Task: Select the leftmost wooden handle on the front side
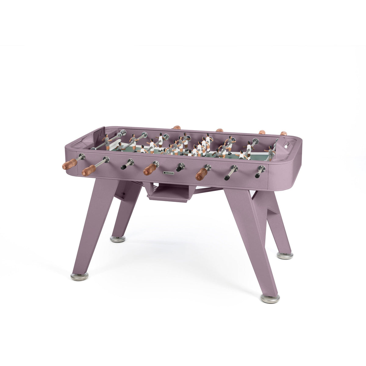coord(70,164)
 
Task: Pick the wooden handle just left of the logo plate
coord(150,169)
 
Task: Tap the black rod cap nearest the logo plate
coord(179,168)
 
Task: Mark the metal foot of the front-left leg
coord(79,276)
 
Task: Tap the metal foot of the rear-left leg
coord(117,239)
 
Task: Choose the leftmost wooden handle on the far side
coord(177,127)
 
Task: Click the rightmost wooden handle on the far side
coord(284,134)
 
